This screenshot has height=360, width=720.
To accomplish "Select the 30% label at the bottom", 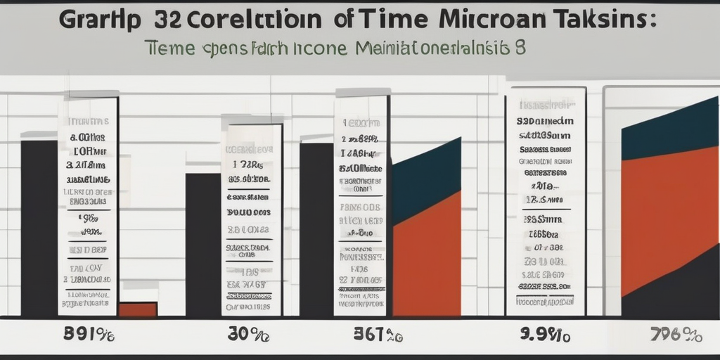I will (247, 335).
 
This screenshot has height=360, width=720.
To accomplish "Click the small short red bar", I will (138, 309).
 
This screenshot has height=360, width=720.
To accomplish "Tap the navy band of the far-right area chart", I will (668, 130).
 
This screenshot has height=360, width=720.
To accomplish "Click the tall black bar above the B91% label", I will (39, 225).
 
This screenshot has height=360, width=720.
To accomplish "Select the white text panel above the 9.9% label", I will (546, 200).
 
